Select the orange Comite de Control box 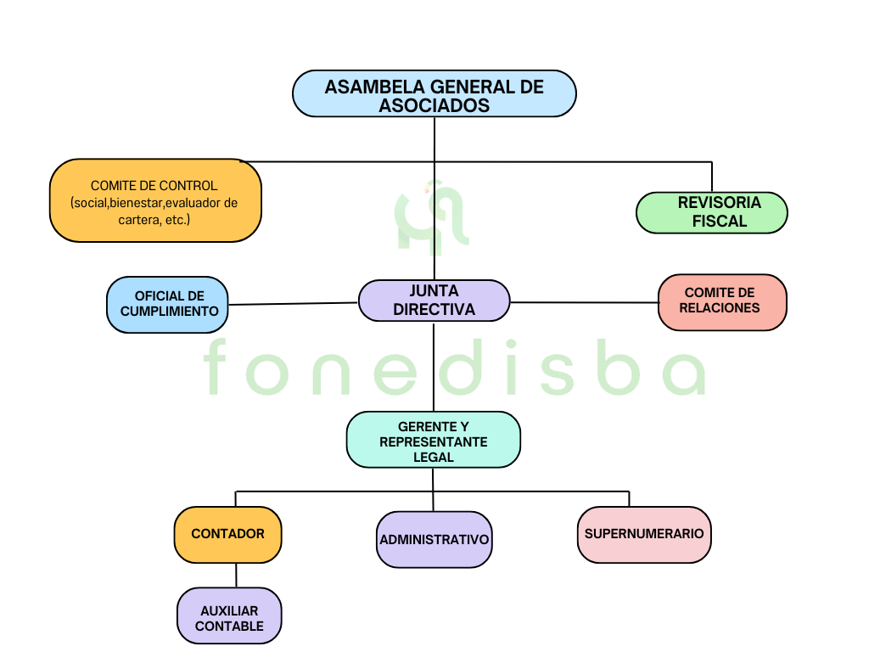(155, 200)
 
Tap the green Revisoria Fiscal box (711, 212)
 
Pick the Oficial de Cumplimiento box (168, 304)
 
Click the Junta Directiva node (434, 301)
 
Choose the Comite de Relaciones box (722, 301)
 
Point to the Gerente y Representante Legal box (433, 440)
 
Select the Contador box (227, 534)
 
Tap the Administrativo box (434, 539)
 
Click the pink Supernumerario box (644, 534)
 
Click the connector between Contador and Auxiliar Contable (236, 575)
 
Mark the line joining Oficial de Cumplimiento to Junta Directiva (293, 303)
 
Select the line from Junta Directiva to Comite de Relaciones (584, 302)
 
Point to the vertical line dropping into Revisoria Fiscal (711, 177)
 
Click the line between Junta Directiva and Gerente (434, 365)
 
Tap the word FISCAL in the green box (720, 222)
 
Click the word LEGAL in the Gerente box (434, 458)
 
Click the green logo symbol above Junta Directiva (434, 219)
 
